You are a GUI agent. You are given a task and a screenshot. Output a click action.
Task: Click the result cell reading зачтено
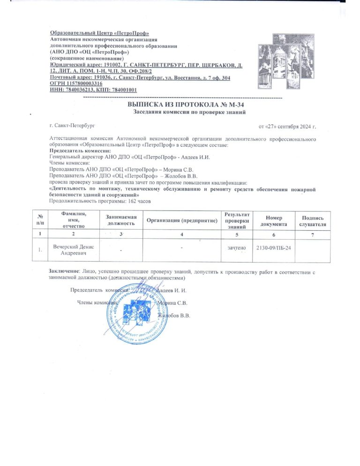click(233, 247)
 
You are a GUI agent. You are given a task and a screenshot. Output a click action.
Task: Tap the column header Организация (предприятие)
click(182, 220)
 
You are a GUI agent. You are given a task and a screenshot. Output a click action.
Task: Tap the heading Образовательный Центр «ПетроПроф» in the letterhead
click(99, 33)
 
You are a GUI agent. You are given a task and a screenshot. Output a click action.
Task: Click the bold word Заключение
click(64, 271)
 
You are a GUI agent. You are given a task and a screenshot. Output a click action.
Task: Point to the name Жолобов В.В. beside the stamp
click(174, 316)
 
